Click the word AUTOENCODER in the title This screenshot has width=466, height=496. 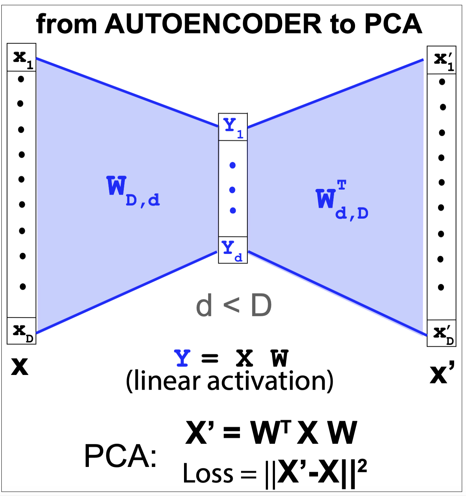tap(213, 24)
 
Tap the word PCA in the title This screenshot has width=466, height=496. tap(393, 24)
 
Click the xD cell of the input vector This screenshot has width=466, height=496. tap(22, 331)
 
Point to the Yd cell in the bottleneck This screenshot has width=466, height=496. tap(233, 250)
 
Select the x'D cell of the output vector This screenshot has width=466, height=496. tap(442, 333)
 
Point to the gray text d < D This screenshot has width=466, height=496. tap(234, 305)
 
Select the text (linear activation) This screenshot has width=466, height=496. tap(230, 381)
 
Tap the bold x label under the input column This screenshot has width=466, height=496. tap(20, 367)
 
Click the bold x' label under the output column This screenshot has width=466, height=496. tap(442, 373)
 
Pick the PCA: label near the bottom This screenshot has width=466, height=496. tap(120, 456)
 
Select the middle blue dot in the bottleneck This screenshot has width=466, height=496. tap(232, 190)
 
